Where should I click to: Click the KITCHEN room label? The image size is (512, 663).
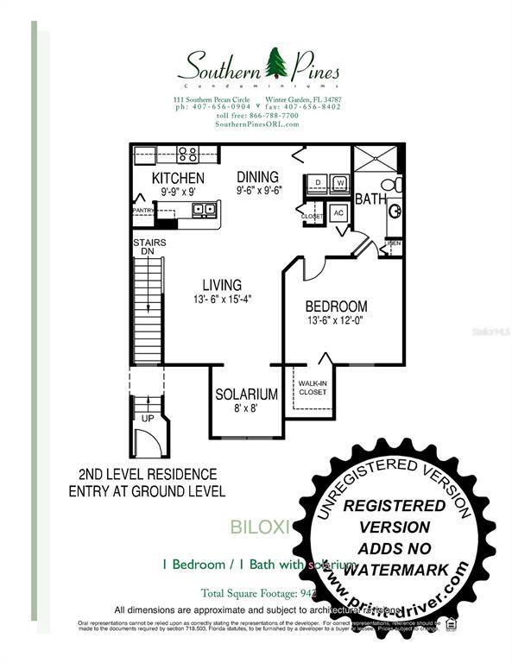[179, 178]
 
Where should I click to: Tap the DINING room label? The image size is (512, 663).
[257, 177]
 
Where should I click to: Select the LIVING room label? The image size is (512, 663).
[222, 285]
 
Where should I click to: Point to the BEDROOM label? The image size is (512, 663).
[336, 306]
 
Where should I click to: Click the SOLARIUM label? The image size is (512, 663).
[247, 395]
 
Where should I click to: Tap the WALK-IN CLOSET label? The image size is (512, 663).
[312, 388]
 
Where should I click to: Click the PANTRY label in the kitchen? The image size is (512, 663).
[143, 210]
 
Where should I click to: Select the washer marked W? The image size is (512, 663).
[340, 183]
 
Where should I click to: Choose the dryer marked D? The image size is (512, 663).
[318, 183]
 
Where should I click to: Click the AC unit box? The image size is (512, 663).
[338, 212]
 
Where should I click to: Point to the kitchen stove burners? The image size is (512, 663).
[187, 155]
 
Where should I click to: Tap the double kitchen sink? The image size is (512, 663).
[204, 209]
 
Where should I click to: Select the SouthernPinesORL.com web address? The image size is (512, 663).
[257, 124]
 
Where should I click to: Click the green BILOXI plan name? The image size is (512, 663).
[256, 525]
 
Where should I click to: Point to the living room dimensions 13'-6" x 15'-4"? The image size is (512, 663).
[222, 300]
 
